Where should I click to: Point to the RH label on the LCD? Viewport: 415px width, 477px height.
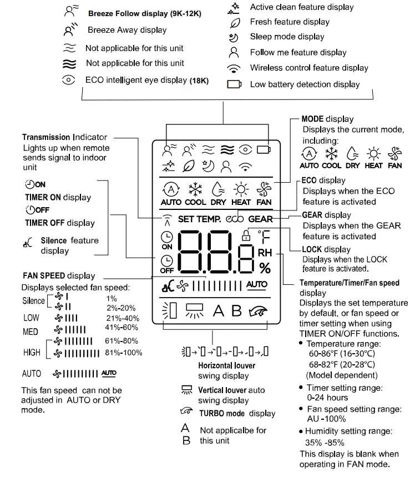pyautogui.click(x=265, y=252)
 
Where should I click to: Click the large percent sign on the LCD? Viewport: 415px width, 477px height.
pyautogui.click(x=265, y=269)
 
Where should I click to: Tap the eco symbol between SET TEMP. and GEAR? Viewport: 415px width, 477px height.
pyautogui.click(x=235, y=219)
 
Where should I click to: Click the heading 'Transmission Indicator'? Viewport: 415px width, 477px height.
pyautogui.click(x=64, y=137)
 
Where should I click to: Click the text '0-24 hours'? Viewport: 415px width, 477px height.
pyautogui.click(x=327, y=398)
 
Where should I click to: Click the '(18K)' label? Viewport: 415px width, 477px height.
pyautogui.click(x=199, y=81)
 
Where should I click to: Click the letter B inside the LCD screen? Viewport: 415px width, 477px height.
pyautogui.click(x=236, y=310)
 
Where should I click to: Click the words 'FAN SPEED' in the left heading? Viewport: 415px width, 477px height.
pyautogui.click(x=44, y=275)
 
